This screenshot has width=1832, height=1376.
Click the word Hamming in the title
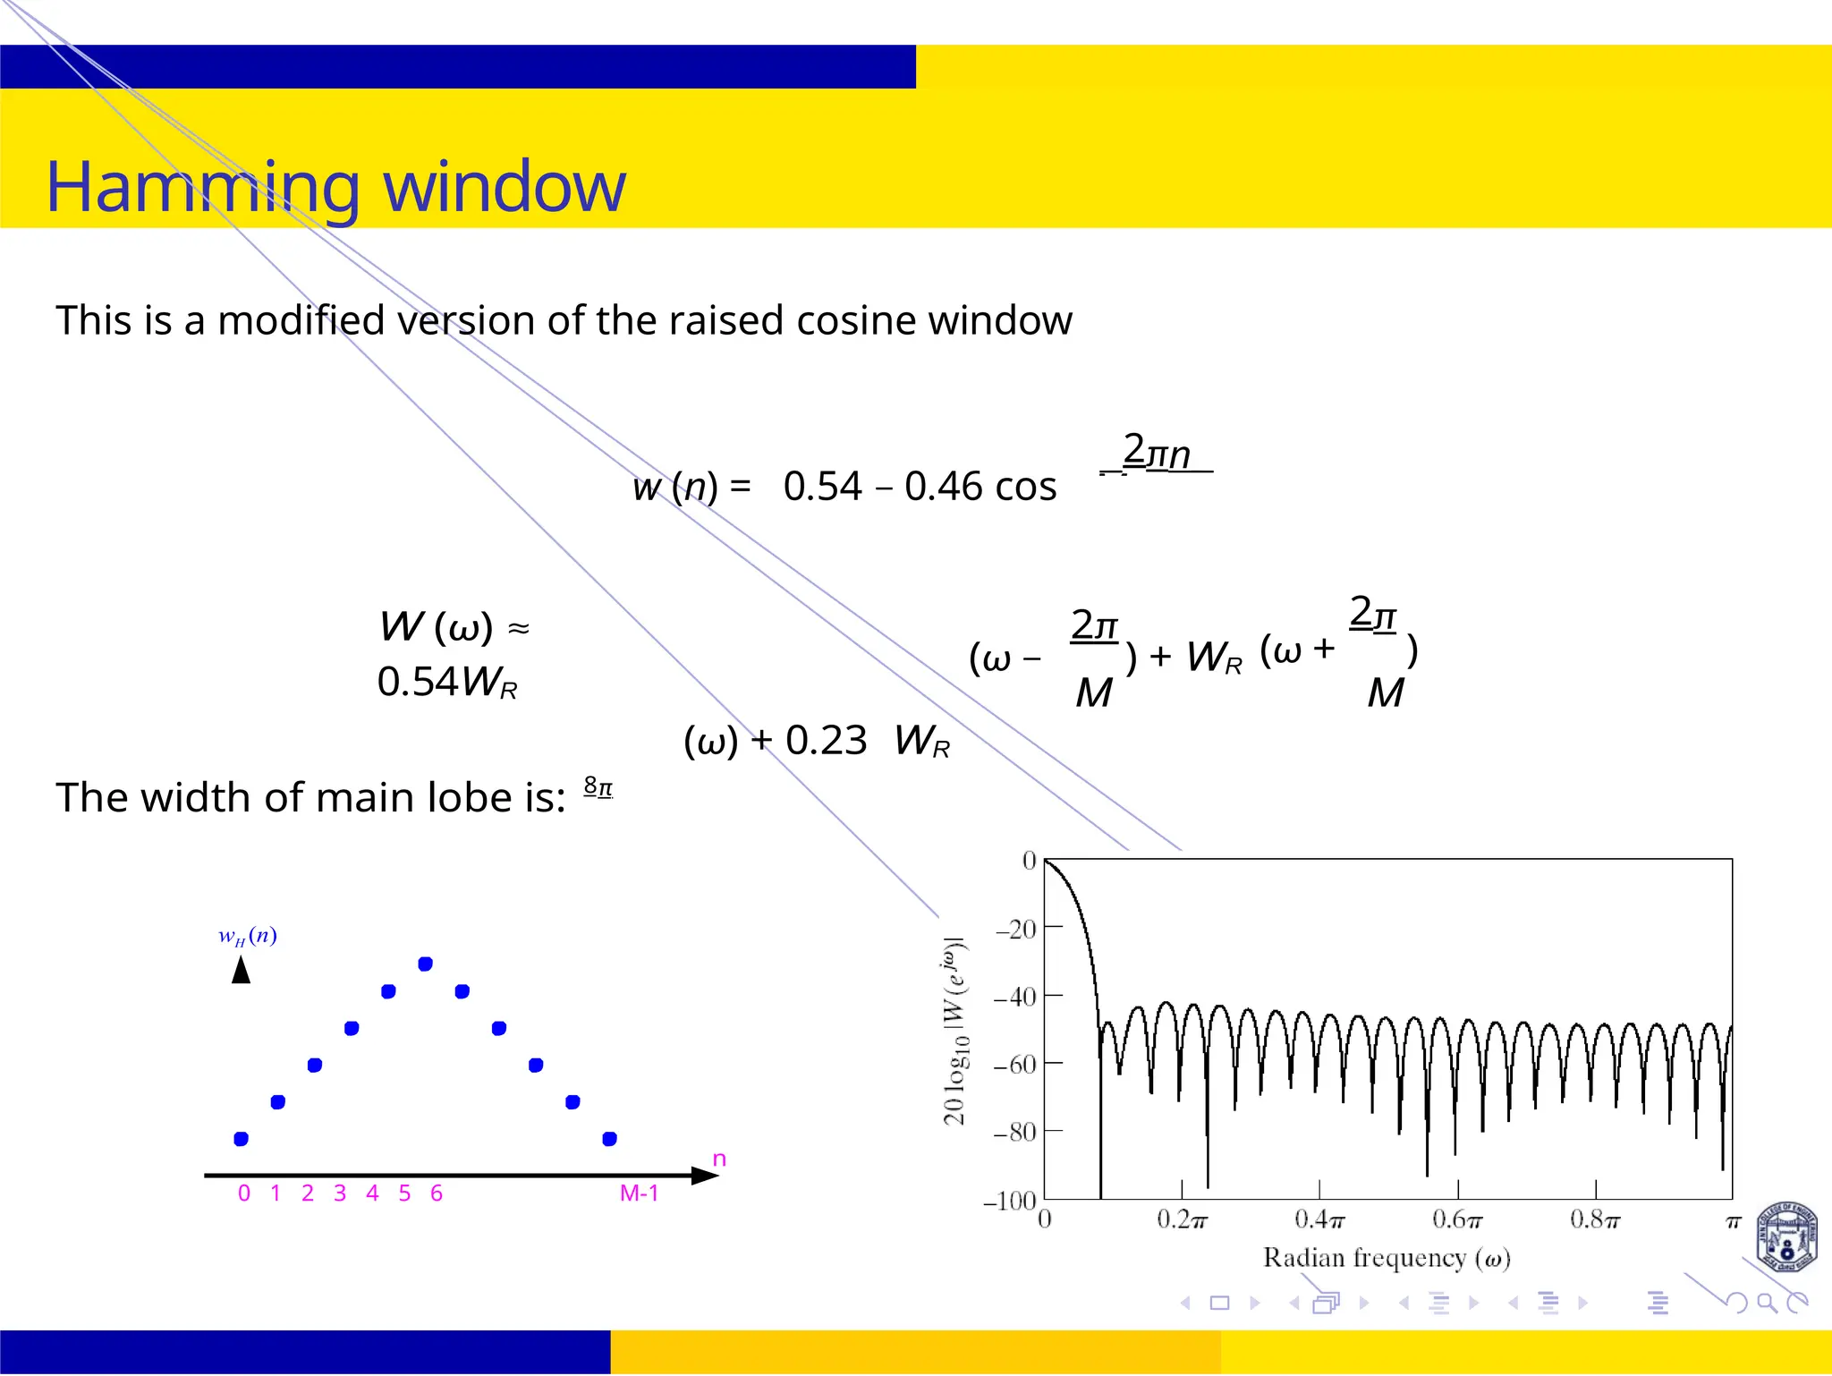point(202,188)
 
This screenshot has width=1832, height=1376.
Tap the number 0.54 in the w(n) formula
point(822,487)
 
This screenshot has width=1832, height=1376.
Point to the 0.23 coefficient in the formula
point(826,741)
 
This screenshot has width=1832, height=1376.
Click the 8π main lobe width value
point(598,787)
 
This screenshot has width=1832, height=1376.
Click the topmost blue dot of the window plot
point(426,964)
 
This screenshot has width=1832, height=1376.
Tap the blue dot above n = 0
point(241,1139)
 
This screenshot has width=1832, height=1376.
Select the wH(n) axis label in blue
point(248,936)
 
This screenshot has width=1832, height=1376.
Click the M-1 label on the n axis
point(639,1193)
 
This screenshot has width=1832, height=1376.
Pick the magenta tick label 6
point(437,1193)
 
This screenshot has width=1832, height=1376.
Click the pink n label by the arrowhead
point(719,1159)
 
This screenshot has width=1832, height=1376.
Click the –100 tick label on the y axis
point(1009,1201)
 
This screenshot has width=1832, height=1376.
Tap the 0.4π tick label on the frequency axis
point(1319,1219)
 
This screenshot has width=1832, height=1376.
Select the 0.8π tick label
point(1595,1219)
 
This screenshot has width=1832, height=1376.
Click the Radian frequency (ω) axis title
point(1387,1258)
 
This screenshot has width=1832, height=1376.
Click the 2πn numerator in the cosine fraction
point(1157,453)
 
